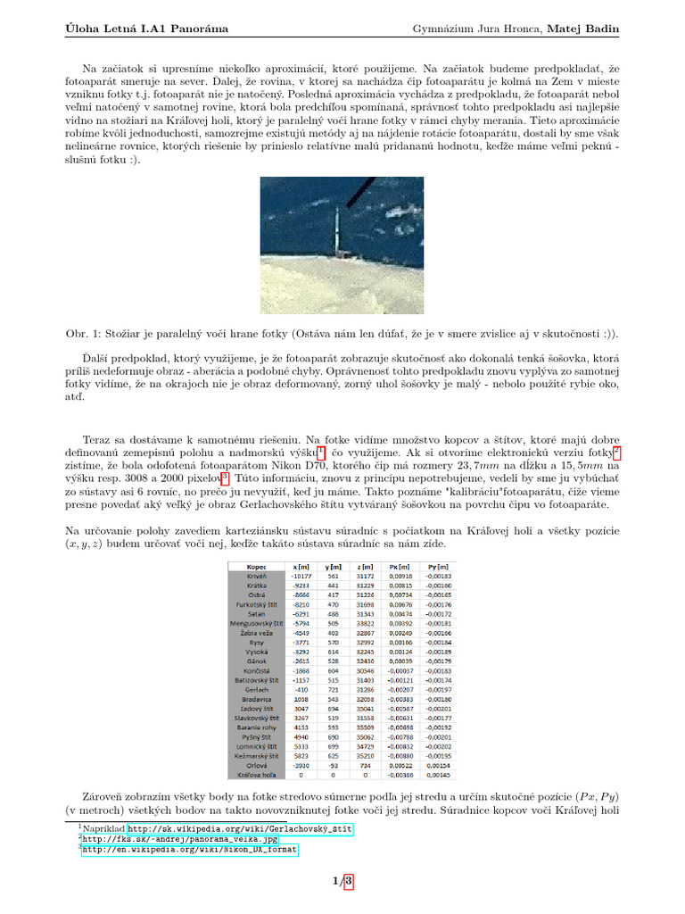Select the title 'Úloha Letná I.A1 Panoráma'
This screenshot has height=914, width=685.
click(146, 29)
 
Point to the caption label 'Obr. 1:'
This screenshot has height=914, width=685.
click(87, 334)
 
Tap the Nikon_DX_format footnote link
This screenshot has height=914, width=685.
click(190, 850)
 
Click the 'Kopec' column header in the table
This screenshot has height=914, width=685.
click(255, 566)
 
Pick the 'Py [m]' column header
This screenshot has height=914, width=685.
click(437, 566)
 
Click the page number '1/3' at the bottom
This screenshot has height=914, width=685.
click(342, 882)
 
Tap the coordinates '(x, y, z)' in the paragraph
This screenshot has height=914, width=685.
click(87, 543)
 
